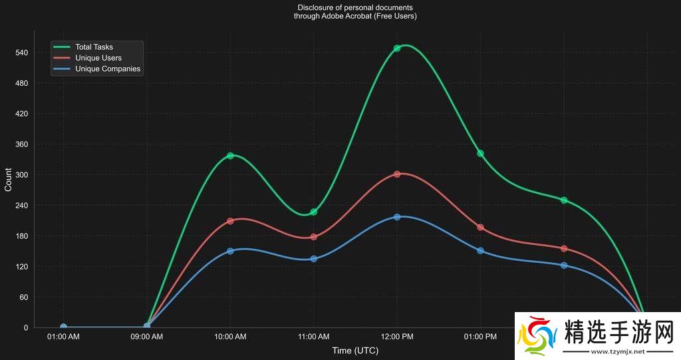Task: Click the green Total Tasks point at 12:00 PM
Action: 397,48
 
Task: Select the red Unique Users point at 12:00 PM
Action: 397,174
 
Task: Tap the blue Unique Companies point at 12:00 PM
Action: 397,217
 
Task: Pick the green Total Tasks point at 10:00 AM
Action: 230,156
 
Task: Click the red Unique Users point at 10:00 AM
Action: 230,221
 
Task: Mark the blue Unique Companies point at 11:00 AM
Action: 314,258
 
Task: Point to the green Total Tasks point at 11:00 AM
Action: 314,212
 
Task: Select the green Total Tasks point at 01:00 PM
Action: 480,154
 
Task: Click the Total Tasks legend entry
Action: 94,47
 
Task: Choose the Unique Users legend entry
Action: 98,58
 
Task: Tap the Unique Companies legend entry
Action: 107,69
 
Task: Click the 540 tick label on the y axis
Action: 21,53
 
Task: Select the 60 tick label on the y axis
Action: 23,297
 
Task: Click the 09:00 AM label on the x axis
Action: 146,337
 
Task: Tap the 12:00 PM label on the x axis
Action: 397,337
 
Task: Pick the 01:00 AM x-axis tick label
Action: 63,337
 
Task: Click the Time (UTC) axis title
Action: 355,351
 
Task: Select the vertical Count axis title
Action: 8,180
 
